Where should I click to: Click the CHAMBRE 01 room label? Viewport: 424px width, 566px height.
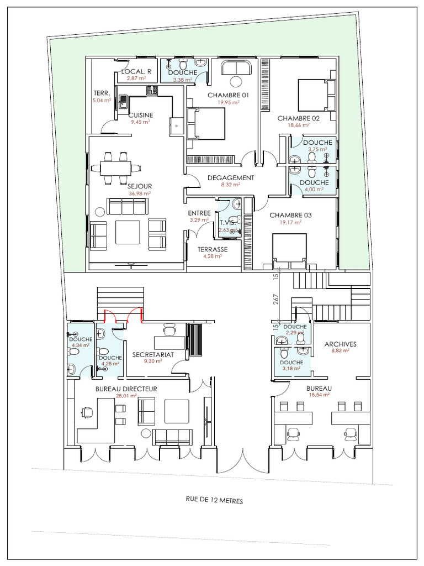[228, 95]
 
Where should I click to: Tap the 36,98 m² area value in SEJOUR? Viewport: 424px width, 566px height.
[140, 193]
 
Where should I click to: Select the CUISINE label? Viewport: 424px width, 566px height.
[141, 115]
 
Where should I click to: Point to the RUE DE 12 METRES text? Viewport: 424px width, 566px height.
[215, 500]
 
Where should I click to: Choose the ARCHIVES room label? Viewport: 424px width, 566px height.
[340, 344]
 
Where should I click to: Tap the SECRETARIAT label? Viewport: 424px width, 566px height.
[153, 354]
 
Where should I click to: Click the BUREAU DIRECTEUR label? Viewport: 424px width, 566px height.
[126, 389]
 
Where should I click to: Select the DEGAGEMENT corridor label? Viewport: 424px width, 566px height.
[231, 178]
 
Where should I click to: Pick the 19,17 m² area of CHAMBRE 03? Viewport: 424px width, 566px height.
[290, 223]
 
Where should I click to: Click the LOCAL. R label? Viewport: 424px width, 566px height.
[136, 71]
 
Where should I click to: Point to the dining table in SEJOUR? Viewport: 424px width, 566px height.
[116, 168]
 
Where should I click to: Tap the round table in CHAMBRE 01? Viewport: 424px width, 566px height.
[236, 81]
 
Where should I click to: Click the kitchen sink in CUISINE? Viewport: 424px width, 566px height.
[123, 102]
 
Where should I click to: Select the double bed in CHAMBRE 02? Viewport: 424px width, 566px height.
[317, 95]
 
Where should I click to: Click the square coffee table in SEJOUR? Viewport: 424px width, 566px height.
[128, 233]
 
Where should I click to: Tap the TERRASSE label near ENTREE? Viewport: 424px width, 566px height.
[213, 249]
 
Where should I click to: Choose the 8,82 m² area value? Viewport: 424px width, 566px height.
[340, 350]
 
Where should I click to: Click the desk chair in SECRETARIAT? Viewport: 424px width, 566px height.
[170, 330]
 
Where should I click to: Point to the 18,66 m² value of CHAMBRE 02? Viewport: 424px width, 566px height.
[299, 125]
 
